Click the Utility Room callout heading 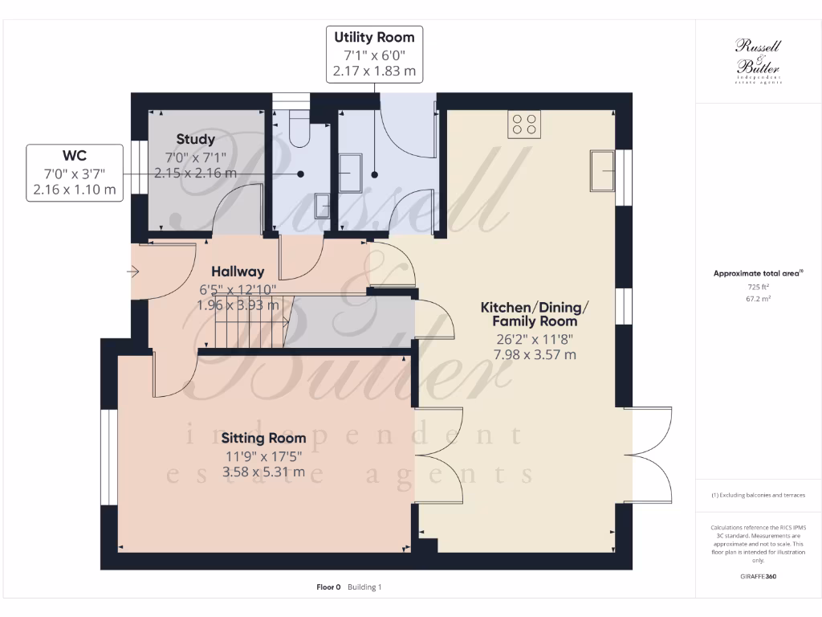click(374, 37)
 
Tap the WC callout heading click(75, 156)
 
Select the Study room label click(196, 140)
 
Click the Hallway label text click(238, 272)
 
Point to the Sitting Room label click(263, 438)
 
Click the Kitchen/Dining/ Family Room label click(535, 314)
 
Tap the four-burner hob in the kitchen click(525, 124)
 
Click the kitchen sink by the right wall click(601, 170)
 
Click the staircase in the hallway click(253, 321)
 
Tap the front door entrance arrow click(133, 272)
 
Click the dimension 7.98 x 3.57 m click(535, 354)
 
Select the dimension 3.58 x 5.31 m click(263, 472)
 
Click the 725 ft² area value click(758, 287)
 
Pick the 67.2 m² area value click(758, 298)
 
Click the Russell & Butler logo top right click(758, 61)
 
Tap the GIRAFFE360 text click(758, 577)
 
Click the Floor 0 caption click(329, 587)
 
